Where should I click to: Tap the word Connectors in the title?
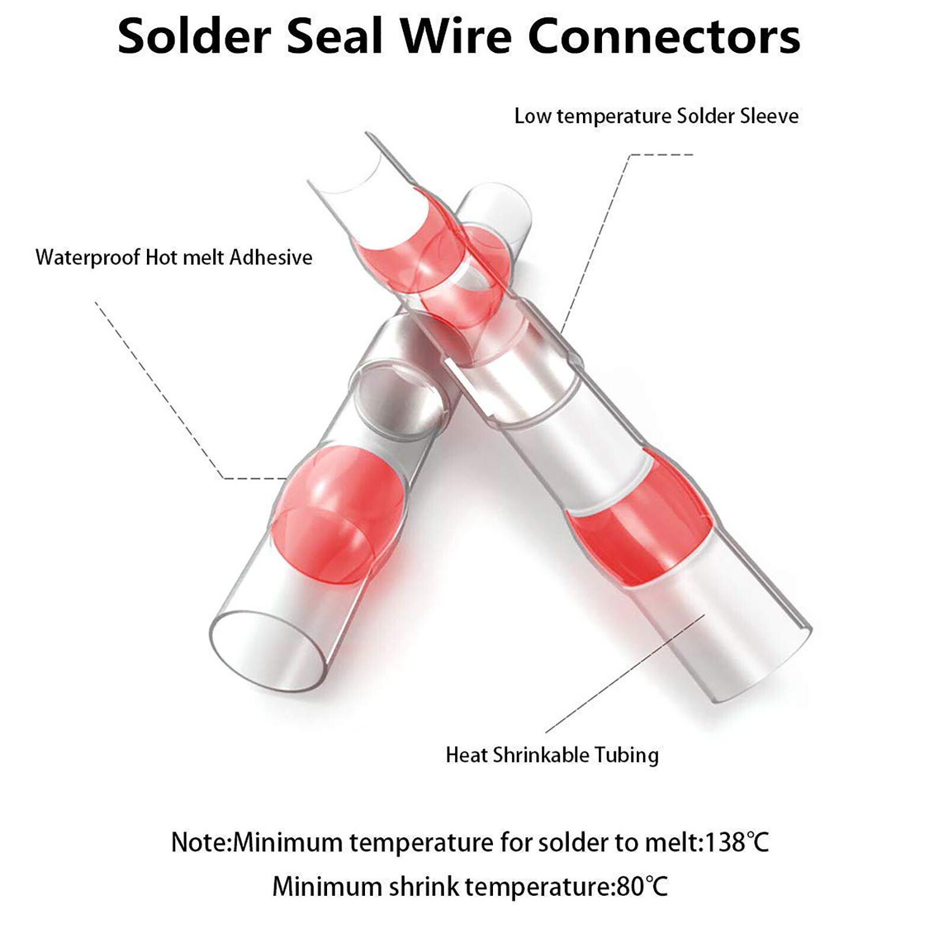point(664,37)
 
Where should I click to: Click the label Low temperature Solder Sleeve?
point(656,116)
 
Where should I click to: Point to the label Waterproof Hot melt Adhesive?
point(174,258)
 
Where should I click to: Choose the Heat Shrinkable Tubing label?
point(552,755)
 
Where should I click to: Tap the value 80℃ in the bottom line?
point(642,887)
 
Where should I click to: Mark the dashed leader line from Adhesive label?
point(160,391)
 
